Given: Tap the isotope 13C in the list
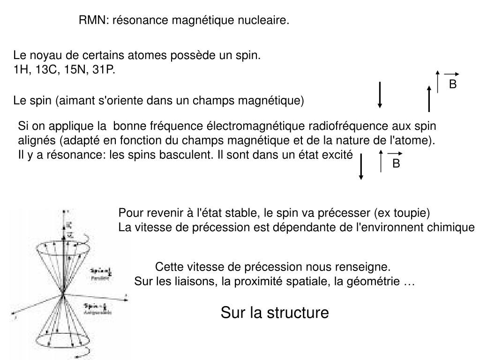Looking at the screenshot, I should [47, 70].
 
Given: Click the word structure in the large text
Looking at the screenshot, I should [300, 313].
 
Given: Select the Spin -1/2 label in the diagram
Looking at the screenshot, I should [94, 307].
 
